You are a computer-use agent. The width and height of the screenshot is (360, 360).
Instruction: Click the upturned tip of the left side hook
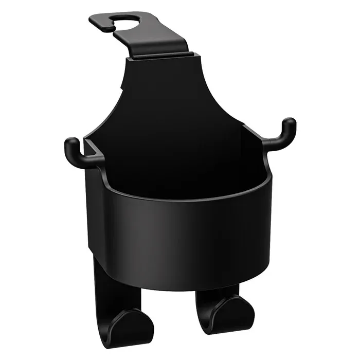click(72, 145)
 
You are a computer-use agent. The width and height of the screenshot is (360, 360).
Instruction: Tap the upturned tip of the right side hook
click(290, 125)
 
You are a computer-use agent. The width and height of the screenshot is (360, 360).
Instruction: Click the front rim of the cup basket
click(185, 198)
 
